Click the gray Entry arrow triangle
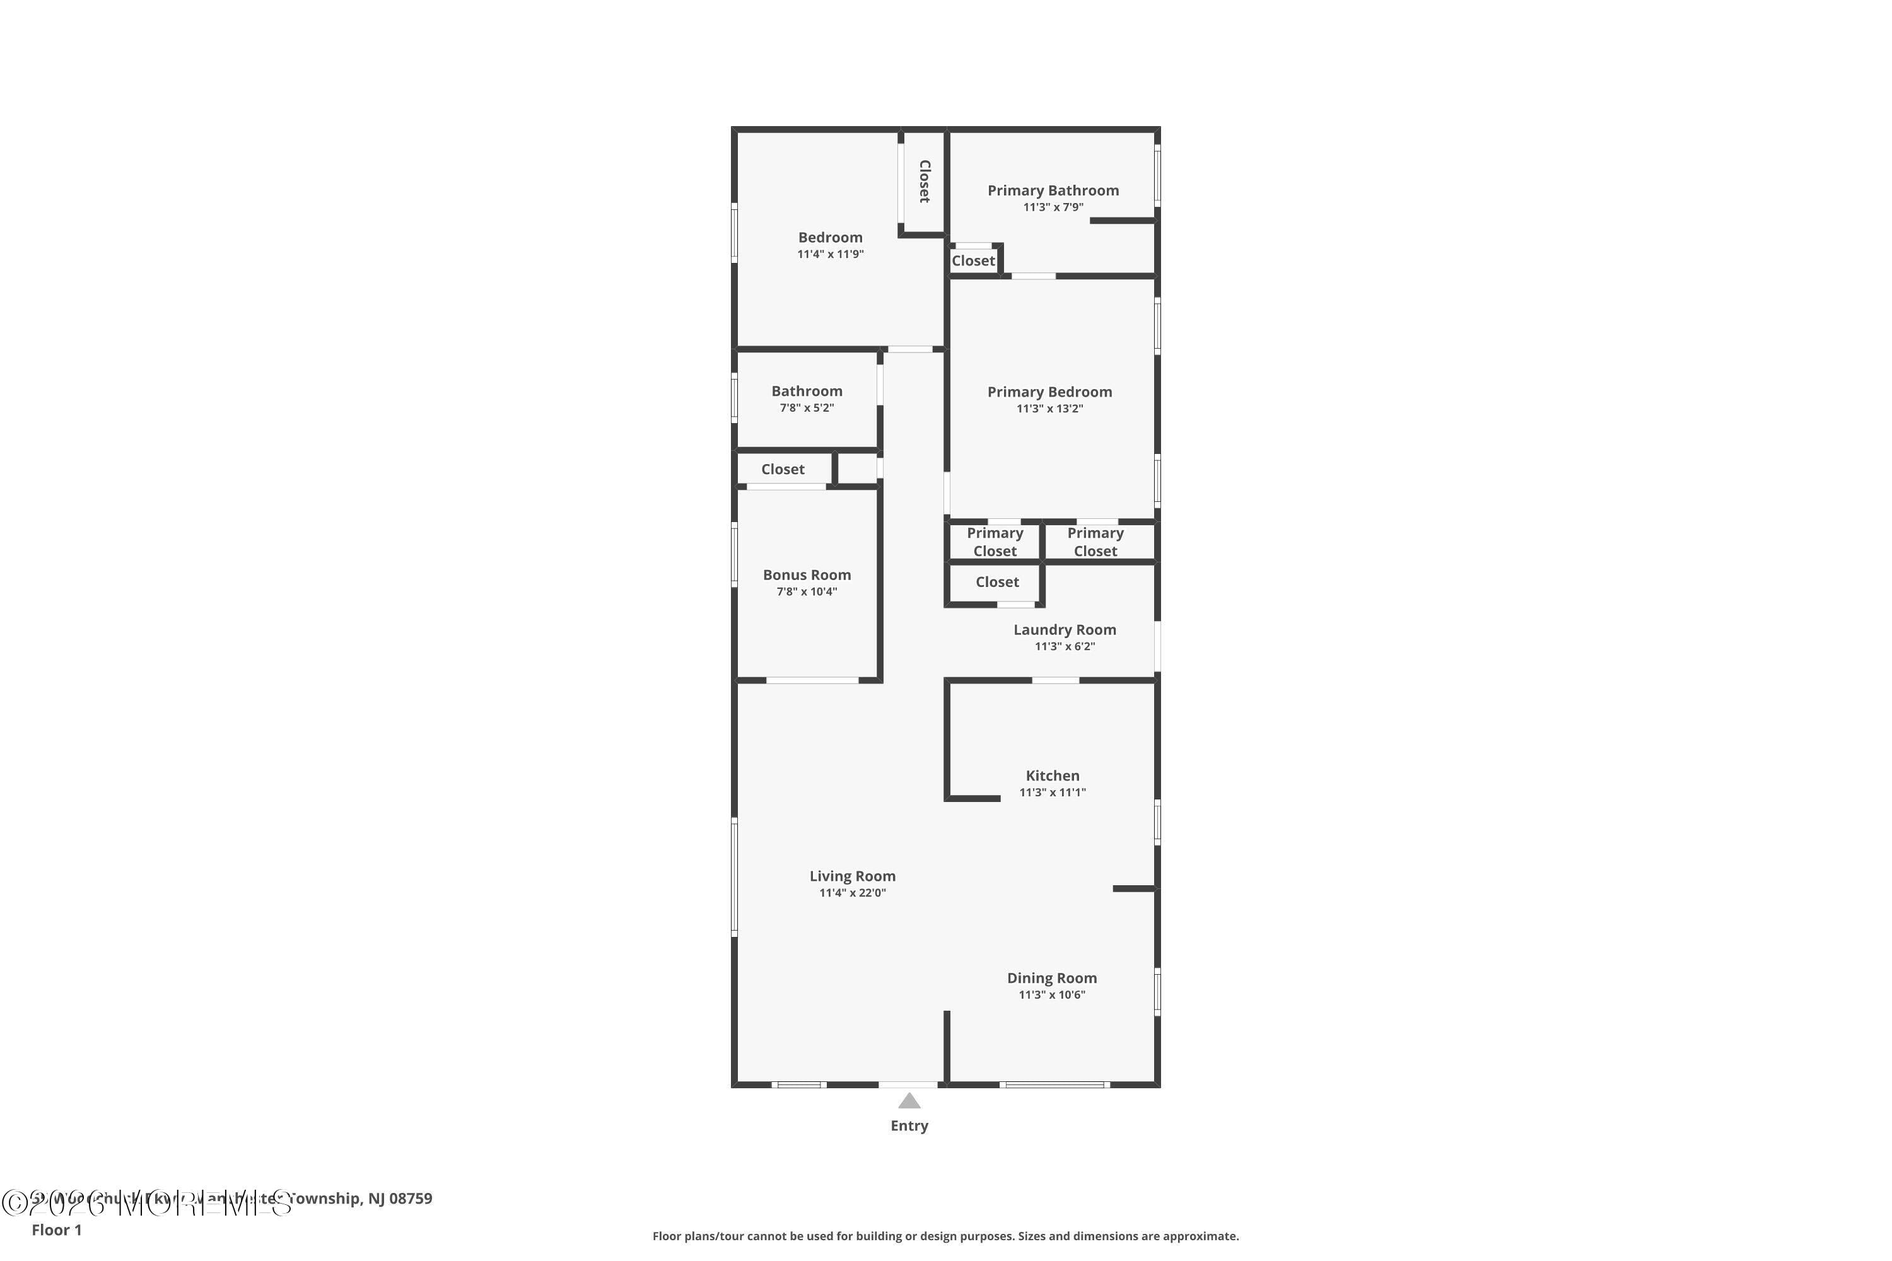pyautogui.click(x=909, y=1101)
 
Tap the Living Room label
pyautogui.click(x=852, y=876)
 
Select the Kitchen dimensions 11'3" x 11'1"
pyautogui.click(x=1052, y=792)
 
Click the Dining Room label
pyautogui.click(x=1051, y=978)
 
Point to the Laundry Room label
pyautogui.click(x=1065, y=630)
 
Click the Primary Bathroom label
pyautogui.click(x=1053, y=190)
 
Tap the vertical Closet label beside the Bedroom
pyautogui.click(x=925, y=181)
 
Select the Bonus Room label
pyautogui.click(x=807, y=575)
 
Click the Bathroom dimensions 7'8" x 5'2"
pyautogui.click(x=807, y=408)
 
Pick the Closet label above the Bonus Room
pyautogui.click(x=783, y=470)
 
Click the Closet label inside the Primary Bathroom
pyautogui.click(x=972, y=260)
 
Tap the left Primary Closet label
pyautogui.click(x=995, y=542)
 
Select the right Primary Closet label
pyautogui.click(x=1095, y=542)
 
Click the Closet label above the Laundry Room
pyautogui.click(x=996, y=582)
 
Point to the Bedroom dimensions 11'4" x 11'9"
pyautogui.click(x=830, y=254)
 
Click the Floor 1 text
pyautogui.click(x=56, y=1229)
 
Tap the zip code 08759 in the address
pyautogui.click(x=411, y=1199)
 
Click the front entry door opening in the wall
pyautogui.click(x=908, y=1085)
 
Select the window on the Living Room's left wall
pyautogui.click(x=733, y=876)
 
